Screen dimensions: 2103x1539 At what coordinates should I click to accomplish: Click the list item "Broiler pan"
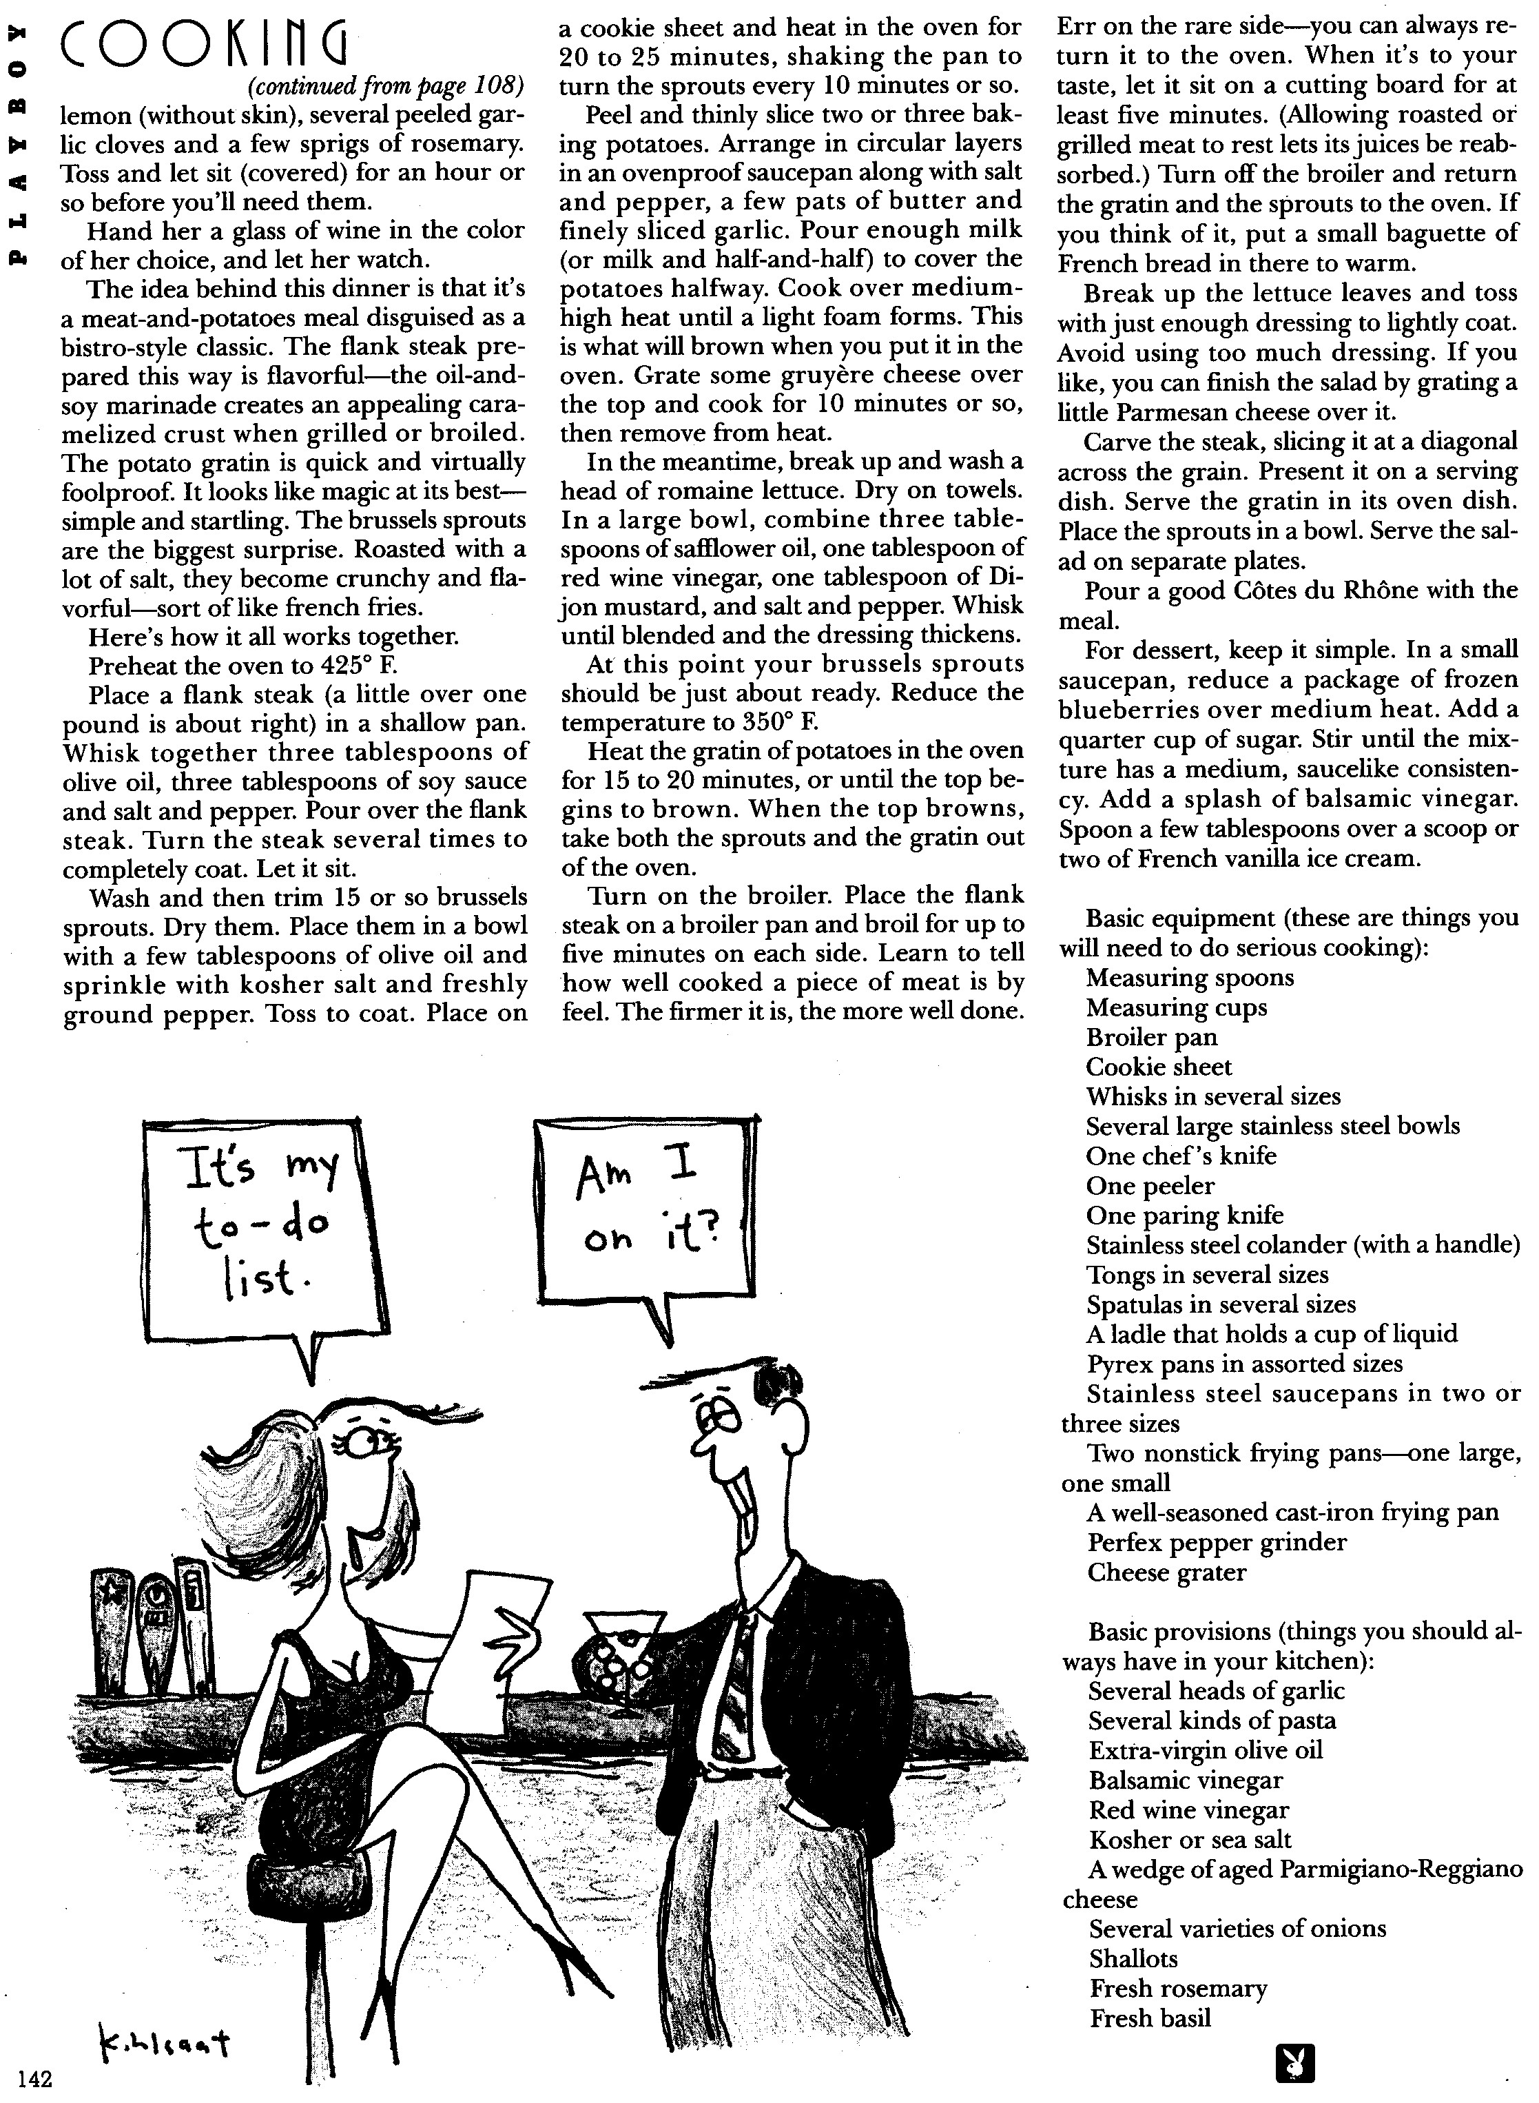[x=1151, y=1037]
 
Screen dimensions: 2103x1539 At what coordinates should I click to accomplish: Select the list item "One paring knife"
[x=1184, y=1215]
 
